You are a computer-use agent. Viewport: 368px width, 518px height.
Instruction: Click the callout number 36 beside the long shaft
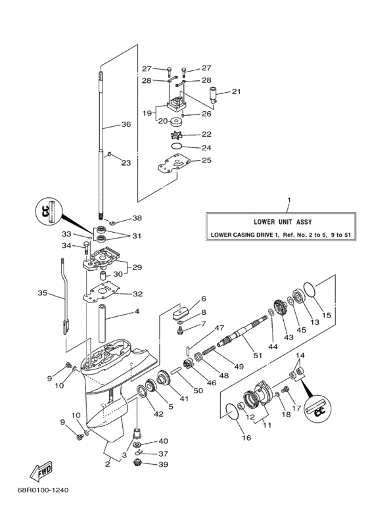click(x=126, y=124)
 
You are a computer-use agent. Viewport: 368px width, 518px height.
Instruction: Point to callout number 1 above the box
click(x=287, y=199)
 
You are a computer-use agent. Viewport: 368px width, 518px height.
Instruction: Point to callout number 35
click(x=43, y=293)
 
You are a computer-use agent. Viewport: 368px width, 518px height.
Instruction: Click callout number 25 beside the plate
click(x=206, y=160)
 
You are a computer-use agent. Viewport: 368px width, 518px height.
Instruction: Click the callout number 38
click(x=137, y=218)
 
